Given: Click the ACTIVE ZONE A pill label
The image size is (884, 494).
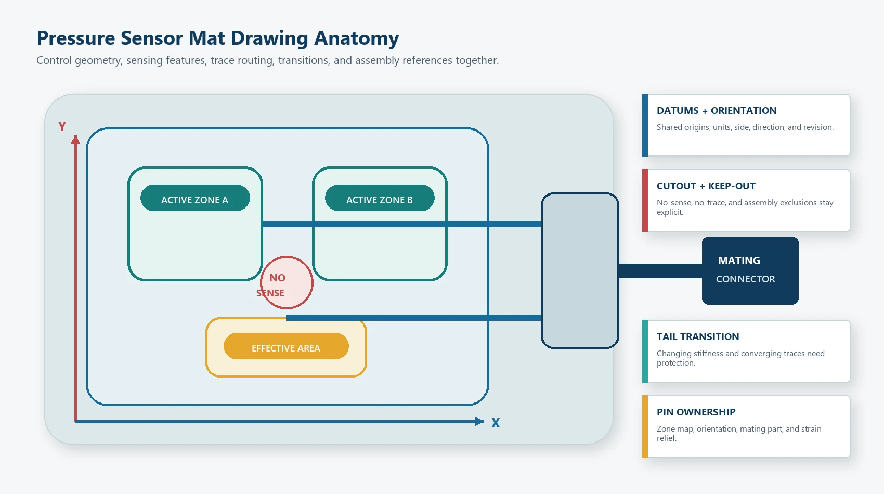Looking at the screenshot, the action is point(195,198).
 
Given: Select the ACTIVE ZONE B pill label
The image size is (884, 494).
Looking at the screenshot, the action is point(380,198).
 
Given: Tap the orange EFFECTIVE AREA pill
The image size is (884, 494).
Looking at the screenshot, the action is point(286,346).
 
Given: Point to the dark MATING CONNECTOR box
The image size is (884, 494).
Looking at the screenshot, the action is point(750,271).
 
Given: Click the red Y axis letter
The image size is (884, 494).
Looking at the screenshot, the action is point(62,127).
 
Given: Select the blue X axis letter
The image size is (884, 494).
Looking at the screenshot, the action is point(496,423).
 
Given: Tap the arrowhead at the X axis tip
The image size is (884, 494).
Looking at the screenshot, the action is point(480,421).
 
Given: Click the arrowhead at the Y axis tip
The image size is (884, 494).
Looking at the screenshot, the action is point(75,140).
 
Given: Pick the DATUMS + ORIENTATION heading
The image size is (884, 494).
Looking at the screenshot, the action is point(717,110).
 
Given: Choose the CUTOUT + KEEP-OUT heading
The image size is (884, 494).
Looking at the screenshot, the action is point(706,186).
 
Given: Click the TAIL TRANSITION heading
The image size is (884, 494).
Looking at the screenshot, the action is point(698,336).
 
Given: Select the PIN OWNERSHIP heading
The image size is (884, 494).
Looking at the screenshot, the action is point(696,412).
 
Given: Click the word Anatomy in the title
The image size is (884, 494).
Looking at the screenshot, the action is point(357,38).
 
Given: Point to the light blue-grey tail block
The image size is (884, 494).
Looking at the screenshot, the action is point(580,271).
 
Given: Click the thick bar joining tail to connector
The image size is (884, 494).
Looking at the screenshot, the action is point(660,271).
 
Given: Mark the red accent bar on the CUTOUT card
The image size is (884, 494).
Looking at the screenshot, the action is point(645,200).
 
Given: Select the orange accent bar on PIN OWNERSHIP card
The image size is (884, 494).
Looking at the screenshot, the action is point(645,426).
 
